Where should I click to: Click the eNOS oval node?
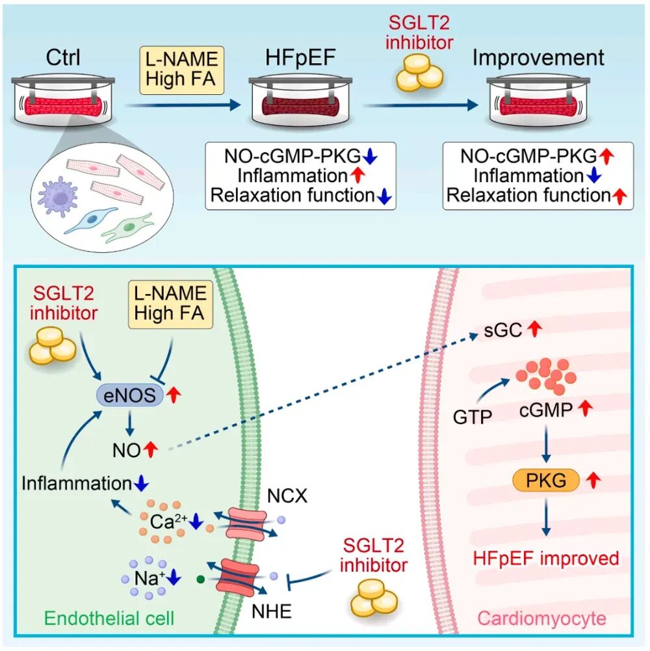tap(130, 395)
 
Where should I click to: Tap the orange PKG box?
tap(546, 481)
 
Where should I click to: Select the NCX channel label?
tap(287, 496)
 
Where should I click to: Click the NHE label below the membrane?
tap(272, 611)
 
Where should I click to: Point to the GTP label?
tap(473, 417)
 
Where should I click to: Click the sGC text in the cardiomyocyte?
tap(502, 330)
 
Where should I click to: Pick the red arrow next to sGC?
tap(534, 330)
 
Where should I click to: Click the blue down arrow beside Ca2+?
tap(196, 522)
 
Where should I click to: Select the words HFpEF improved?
tap(546, 559)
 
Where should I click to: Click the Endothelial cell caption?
tap(109, 618)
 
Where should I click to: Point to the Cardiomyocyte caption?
tap(541, 618)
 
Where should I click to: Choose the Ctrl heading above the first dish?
tap(63, 57)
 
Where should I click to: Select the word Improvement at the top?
tap(538, 57)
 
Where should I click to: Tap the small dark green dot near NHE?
tap(201, 578)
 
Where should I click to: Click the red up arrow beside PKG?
tap(593, 480)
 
